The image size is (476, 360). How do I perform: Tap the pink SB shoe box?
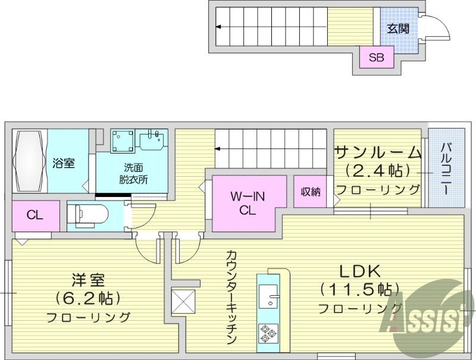[x=376, y=58]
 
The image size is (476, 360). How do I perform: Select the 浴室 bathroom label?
[x=63, y=162]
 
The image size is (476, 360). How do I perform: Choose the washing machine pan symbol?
[x=124, y=142]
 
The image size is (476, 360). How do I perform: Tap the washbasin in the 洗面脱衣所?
[x=153, y=140]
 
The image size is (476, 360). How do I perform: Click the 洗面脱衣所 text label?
[x=132, y=174]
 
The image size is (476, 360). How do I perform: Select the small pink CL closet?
[x=35, y=215]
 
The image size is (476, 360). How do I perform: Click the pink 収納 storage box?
[x=311, y=192]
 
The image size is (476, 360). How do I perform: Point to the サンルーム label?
[x=377, y=152]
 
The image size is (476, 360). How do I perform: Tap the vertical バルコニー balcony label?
[x=446, y=167]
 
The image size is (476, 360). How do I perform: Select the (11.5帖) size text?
[x=359, y=290]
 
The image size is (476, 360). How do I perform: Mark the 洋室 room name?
[x=88, y=278]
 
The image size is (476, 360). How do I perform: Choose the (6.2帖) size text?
[x=88, y=297]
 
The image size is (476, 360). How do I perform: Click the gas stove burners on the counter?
[x=266, y=334]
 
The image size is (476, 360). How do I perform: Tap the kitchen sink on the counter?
[x=270, y=296]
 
